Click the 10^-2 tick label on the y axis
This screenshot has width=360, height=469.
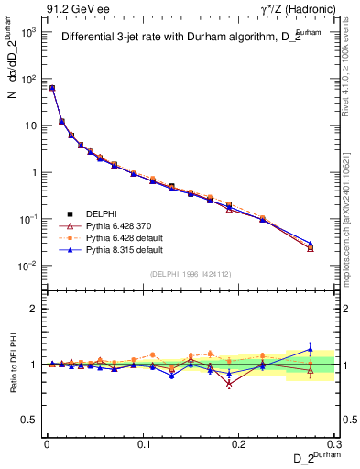(27, 266)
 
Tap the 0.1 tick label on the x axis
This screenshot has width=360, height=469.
(143, 443)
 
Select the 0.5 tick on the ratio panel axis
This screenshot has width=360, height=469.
(31, 420)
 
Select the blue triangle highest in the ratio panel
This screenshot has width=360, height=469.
(310, 348)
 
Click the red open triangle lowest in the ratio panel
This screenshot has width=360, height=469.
(229, 384)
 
